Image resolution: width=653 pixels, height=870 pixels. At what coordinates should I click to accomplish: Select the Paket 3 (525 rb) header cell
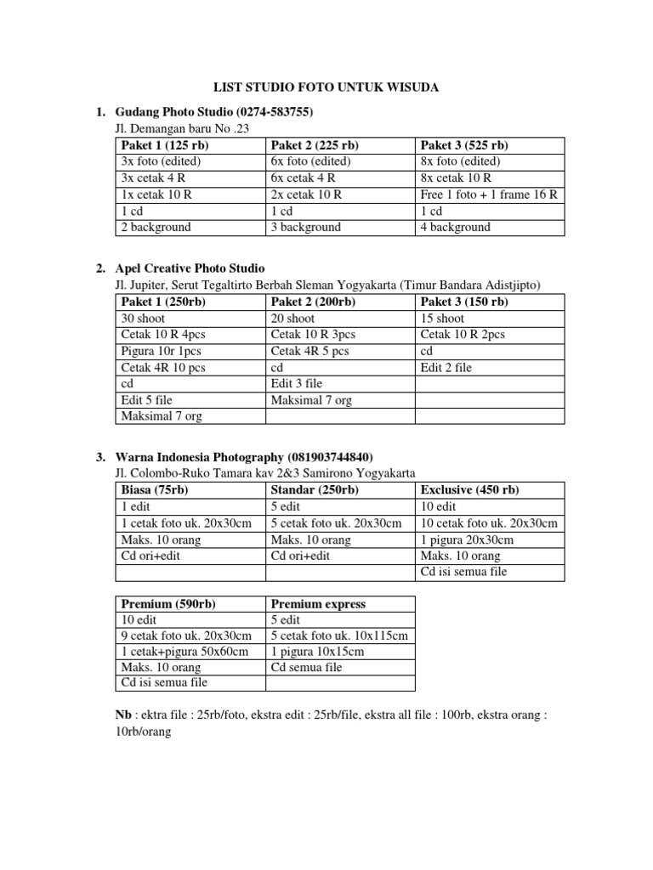tap(463, 145)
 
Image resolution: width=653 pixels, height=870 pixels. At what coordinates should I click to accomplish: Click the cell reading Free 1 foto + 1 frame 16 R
tap(489, 195)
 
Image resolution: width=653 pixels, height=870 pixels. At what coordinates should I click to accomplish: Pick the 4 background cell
tap(456, 227)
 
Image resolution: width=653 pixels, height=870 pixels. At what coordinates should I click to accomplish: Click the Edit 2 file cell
tap(446, 367)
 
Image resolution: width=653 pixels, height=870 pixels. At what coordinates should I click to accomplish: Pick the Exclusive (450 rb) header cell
tap(469, 490)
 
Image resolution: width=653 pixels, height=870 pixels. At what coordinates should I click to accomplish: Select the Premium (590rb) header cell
tap(168, 604)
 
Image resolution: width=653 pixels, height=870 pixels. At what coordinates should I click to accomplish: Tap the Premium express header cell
tap(318, 604)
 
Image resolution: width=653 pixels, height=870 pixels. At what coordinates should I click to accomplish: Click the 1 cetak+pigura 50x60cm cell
tap(185, 652)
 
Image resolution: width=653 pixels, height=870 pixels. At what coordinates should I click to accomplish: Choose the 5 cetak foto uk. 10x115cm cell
tap(339, 636)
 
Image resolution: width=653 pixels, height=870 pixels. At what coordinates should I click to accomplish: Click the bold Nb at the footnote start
tap(122, 715)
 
